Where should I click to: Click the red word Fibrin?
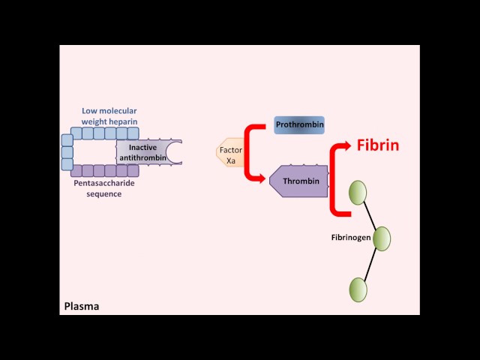point(377,145)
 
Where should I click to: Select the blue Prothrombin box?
point(299,124)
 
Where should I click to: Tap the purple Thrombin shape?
point(299,181)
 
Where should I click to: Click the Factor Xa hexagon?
point(230,151)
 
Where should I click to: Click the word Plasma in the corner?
point(82,306)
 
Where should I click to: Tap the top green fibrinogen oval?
point(357,192)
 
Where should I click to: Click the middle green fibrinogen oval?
point(382,238)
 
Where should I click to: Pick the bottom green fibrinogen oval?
point(358,289)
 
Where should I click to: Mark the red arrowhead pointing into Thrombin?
point(262,178)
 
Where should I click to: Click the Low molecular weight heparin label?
point(110,116)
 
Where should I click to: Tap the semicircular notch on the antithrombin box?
point(175,152)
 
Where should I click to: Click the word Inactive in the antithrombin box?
point(143,147)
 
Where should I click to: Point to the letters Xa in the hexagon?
point(231,161)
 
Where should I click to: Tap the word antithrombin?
point(142,157)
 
